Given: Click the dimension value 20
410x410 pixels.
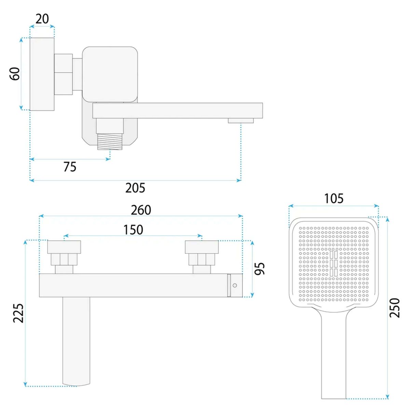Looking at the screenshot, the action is tap(42, 19).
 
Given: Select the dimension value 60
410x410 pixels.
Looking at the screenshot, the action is tap(15, 73).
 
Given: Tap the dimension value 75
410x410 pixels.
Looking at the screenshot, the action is tap(70, 167).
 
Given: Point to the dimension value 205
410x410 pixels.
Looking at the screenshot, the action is tap(135, 188).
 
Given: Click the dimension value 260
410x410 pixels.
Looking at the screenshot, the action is tap(141, 210).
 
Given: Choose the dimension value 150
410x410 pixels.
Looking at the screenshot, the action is tap(133, 230).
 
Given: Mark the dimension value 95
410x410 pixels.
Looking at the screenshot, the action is tap(260, 269).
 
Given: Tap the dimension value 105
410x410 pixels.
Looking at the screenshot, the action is tap(333, 199).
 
